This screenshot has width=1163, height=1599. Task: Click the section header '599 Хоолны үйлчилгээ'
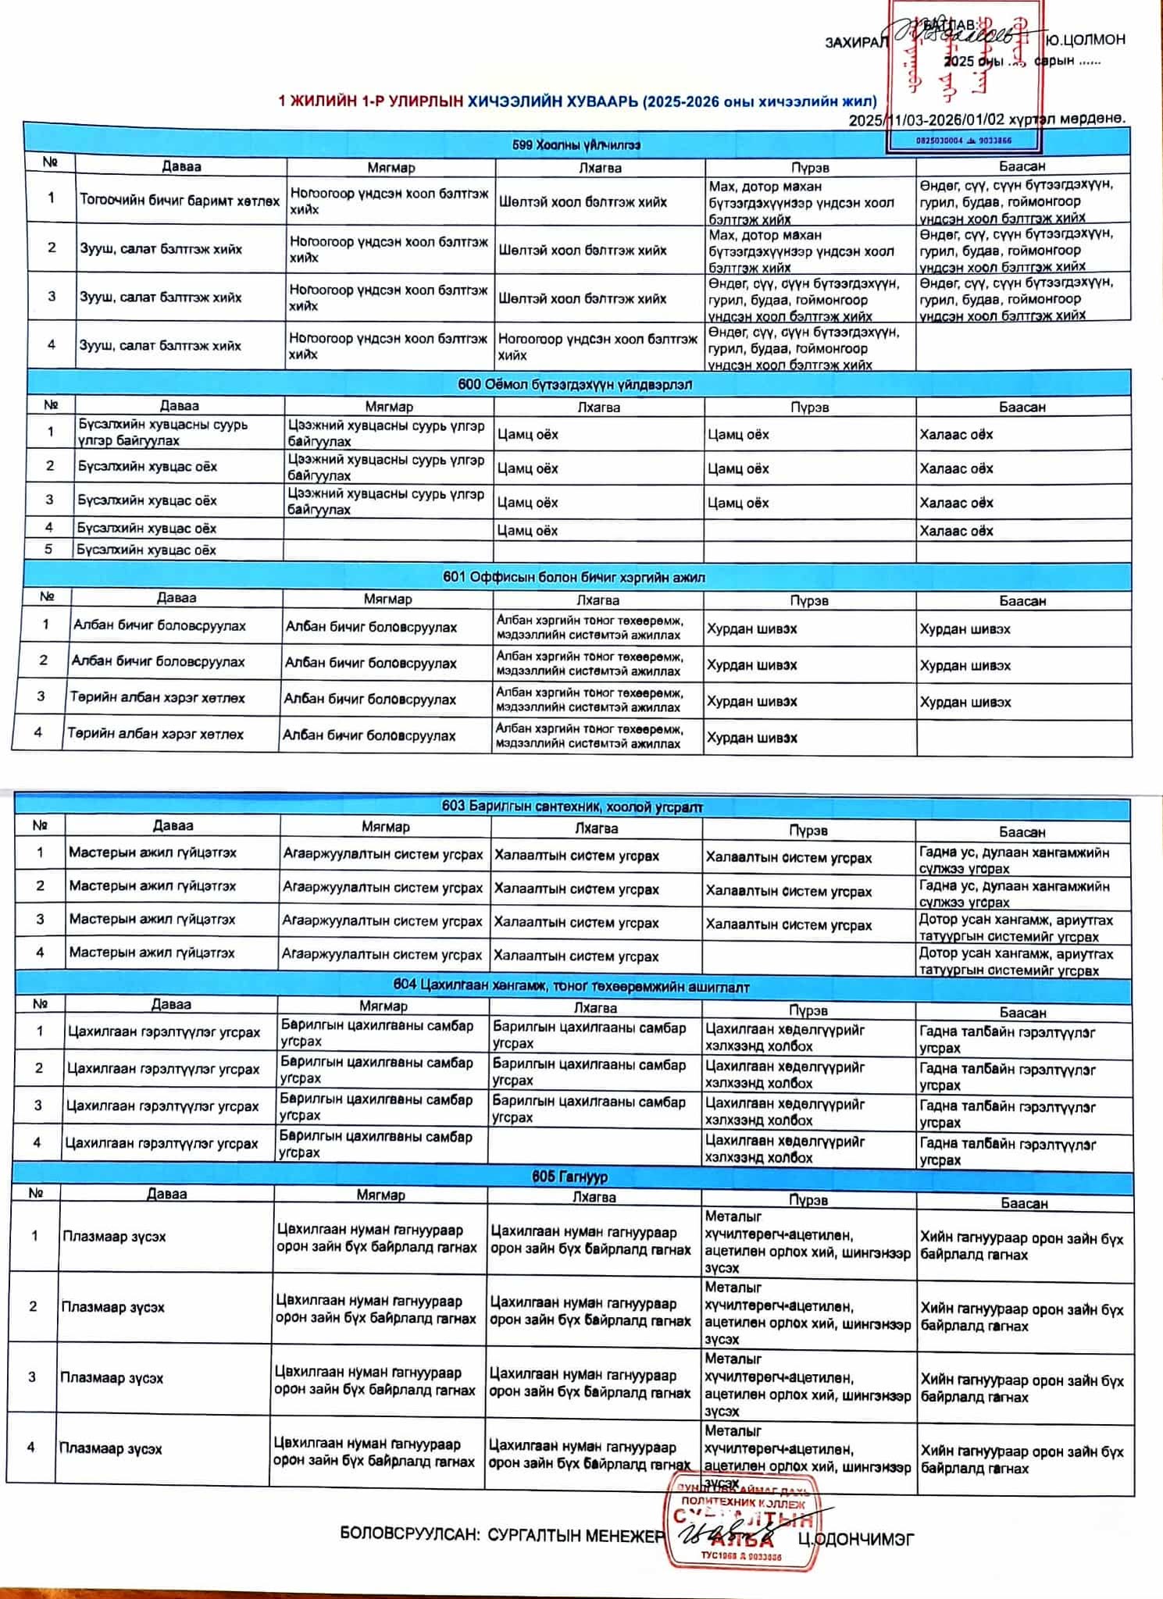point(576,144)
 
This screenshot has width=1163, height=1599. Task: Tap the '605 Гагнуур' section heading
point(569,1176)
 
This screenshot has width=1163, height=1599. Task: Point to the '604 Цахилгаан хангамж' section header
point(571,987)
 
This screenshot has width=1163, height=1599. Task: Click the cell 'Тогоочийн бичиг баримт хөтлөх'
point(179,201)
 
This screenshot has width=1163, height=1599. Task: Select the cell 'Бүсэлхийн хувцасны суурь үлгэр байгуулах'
point(162,433)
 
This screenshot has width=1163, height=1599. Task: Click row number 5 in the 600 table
point(48,549)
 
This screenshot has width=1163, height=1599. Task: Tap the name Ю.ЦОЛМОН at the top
point(1086,40)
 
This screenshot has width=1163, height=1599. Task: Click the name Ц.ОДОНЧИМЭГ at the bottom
point(855,1539)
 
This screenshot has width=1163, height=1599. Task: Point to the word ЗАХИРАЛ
point(856,42)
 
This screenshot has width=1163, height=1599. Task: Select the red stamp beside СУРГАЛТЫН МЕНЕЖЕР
point(742,1521)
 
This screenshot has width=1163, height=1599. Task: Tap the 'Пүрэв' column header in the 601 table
point(808,600)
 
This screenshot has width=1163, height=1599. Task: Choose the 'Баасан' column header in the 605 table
point(1023,1203)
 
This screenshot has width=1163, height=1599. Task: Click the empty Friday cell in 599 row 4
point(1022,347)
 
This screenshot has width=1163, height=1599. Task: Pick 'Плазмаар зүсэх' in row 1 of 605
point(114,1236)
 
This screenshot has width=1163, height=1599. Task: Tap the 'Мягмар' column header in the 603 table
point(385,826)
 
